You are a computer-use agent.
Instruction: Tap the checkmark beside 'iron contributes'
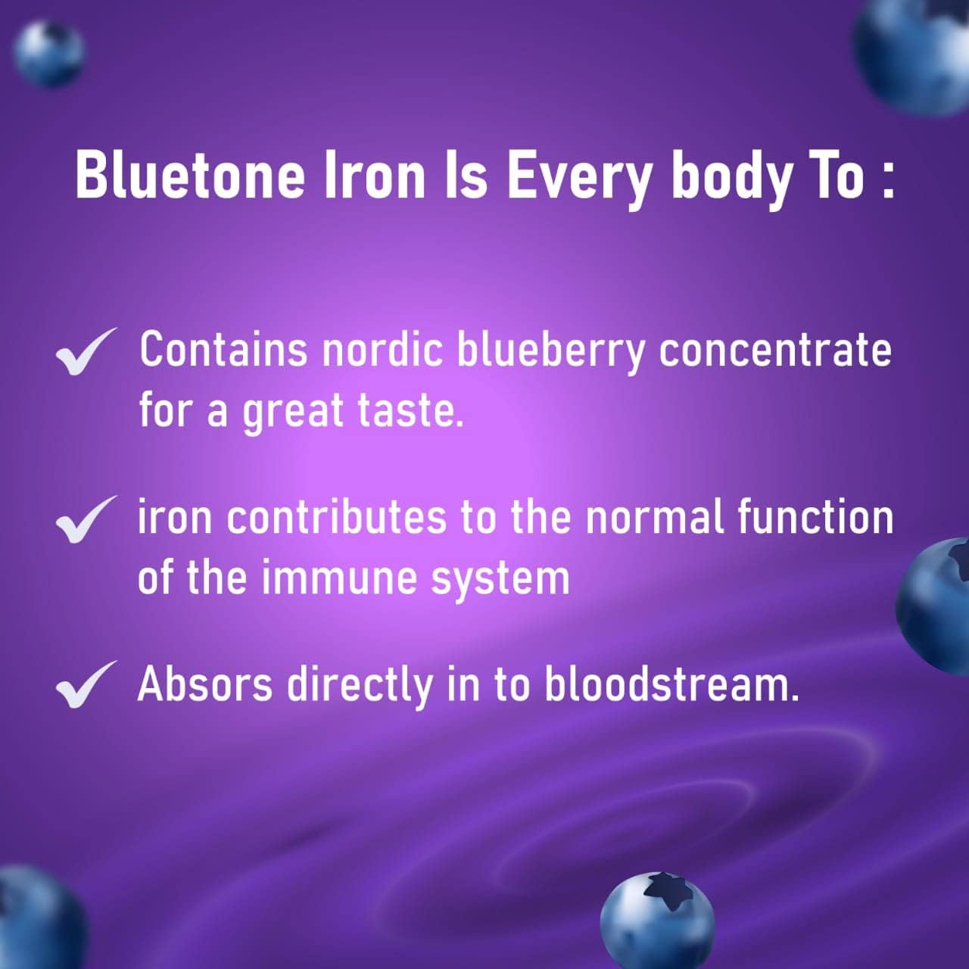click(86, 519)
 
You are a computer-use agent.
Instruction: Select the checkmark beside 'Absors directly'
click(86, 684)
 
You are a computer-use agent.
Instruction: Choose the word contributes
click(336, 518)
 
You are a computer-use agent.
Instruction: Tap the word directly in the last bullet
click(360, 687)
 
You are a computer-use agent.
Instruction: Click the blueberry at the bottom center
click(657, 921)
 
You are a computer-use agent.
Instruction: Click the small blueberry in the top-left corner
click(48, 55)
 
